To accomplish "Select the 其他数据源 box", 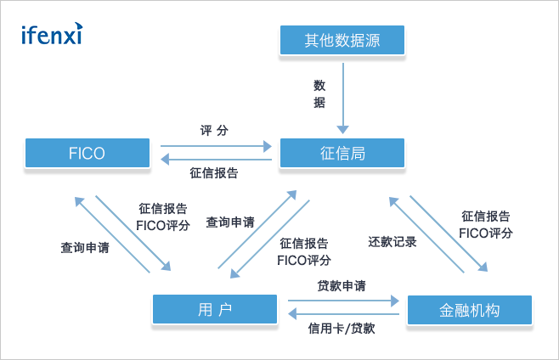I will (342, 39).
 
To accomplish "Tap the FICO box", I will (87, 154).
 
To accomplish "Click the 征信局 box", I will (342, 154).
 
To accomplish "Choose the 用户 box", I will (215, 309).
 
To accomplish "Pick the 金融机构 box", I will (470, 311).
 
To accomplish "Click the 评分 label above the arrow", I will (214, 131).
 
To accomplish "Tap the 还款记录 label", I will (392, 241).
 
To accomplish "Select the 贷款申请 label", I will (342, 286).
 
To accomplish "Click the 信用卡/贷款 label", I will (342, 328).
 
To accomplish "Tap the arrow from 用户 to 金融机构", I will (342, 300).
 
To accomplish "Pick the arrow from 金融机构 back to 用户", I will (342, 313).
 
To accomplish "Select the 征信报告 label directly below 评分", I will (214, 174).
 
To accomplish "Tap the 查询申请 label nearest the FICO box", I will (84, 249).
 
